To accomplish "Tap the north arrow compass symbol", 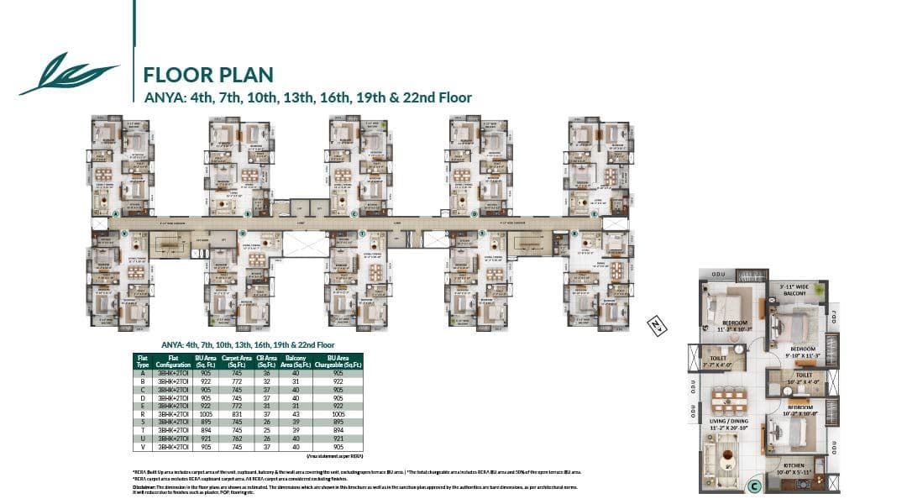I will [x=655, y=326].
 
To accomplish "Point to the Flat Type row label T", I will [x=144, y=430].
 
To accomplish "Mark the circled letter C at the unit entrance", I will [x=755, y=485].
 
